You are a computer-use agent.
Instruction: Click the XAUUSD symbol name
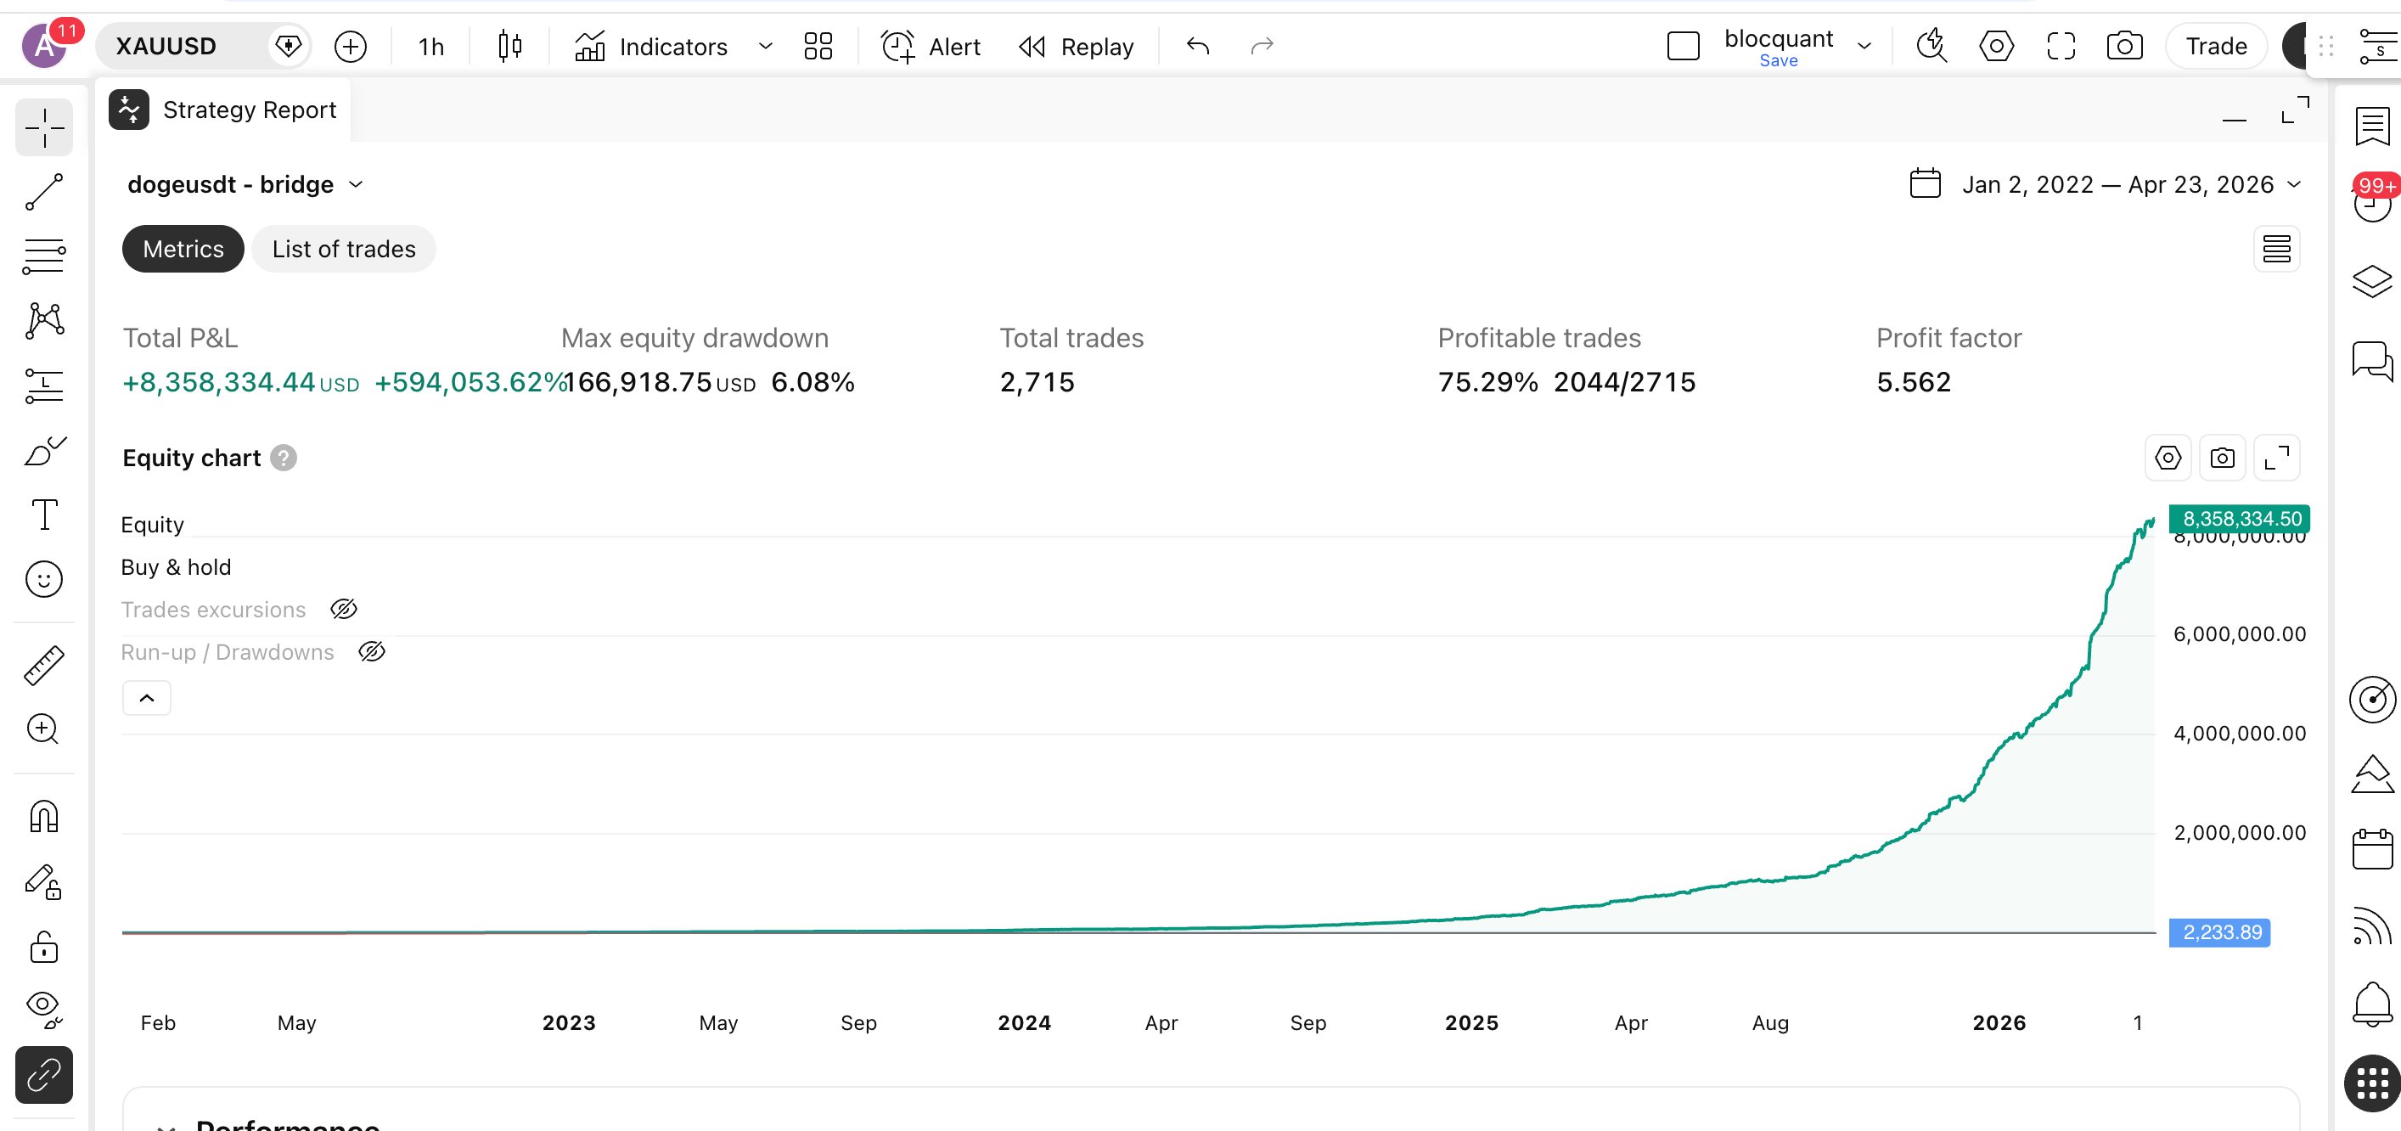[166, 46]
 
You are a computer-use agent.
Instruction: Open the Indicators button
[651, 46]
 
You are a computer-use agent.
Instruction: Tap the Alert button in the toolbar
[931, 46]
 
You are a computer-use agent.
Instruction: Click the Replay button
[1077, 46]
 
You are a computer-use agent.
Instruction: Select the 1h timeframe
[430, 46]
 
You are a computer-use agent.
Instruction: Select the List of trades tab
[343, 249]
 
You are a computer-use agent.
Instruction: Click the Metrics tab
[183, 249]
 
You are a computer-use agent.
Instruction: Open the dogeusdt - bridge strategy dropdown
[245, 184]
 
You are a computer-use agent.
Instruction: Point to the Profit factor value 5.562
[1913, 382]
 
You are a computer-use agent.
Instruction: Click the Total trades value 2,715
[1037, 382]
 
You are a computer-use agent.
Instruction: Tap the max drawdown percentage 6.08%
[812, 382]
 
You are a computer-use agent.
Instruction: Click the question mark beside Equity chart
[284, 458]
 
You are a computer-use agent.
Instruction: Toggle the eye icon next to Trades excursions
[344, 610]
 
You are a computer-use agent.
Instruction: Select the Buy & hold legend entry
[175, 567]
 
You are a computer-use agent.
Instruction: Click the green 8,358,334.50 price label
[2241, 519]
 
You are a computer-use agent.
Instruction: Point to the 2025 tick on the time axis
[1470, 1023]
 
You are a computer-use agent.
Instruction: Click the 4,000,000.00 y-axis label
[2239, 734]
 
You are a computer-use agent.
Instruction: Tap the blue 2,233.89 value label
[2221, 932]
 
